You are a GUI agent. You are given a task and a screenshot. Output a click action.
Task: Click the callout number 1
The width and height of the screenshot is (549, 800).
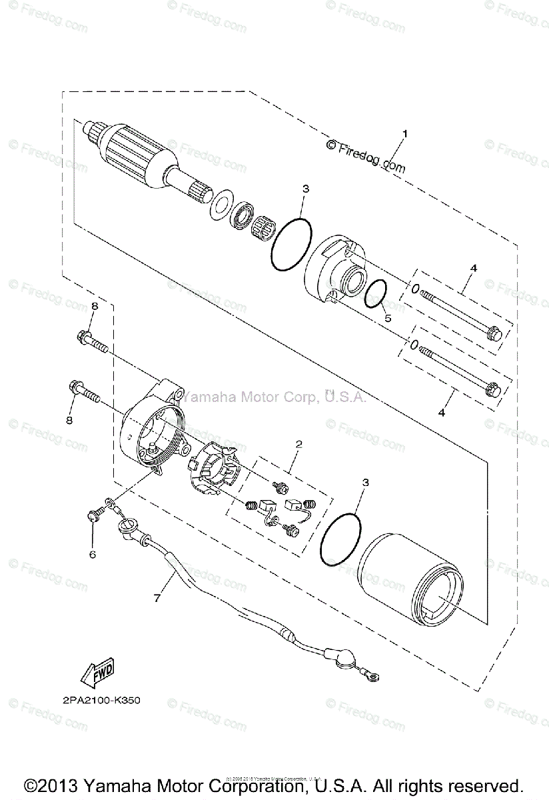click(404, 134)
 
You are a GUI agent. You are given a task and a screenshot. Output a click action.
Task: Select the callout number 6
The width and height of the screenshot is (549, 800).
click(93, 554)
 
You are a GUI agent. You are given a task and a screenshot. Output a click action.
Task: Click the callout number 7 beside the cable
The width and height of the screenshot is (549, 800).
click(157, 598)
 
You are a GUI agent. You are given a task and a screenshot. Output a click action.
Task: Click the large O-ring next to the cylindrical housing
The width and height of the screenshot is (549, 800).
click(340, 537)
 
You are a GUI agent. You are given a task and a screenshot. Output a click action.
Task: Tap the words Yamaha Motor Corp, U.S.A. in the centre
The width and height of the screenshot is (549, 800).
click(272, 397)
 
